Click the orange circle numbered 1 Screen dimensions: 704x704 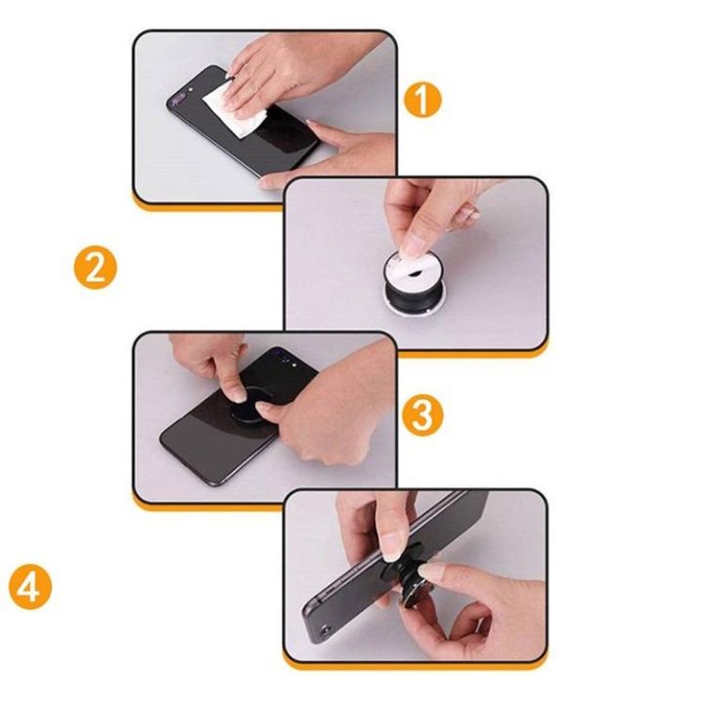(x=422, y=99)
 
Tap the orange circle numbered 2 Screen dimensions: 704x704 (x=95, y=268)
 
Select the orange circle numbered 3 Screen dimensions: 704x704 (x=422, y=416)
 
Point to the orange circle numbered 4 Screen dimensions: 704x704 (x=30, y=588)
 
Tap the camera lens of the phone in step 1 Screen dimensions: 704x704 (x=177, y=99)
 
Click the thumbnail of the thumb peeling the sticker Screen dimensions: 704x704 (x=413, y=246)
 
